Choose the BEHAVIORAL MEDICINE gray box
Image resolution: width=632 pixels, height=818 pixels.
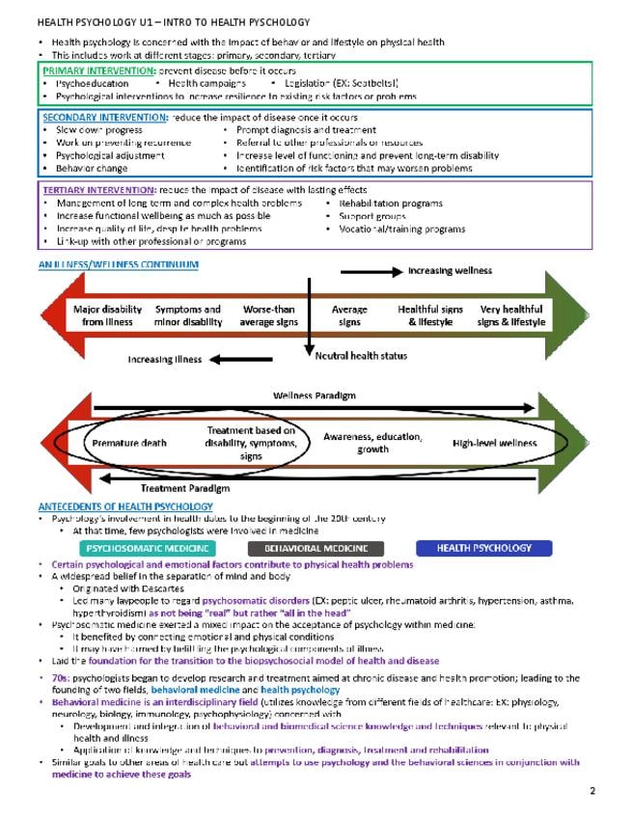[x=310, y=548]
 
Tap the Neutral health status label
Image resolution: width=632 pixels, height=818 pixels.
[x=361, y=356]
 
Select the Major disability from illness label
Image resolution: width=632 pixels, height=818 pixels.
[x=108, y=315]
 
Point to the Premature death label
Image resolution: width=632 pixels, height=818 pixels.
[x=128, y=443]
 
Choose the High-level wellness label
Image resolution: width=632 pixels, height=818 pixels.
[x=494, y=443]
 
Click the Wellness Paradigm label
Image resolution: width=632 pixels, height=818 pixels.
[x=314, y=395]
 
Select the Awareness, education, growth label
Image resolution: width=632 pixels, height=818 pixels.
[x=372, y=443]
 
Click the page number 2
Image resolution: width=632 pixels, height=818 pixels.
[x=592, y=791]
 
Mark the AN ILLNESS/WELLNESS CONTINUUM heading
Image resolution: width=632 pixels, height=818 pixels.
[x=118, y=264]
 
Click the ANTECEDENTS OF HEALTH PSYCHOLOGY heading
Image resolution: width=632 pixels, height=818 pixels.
[x=125, y=506]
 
